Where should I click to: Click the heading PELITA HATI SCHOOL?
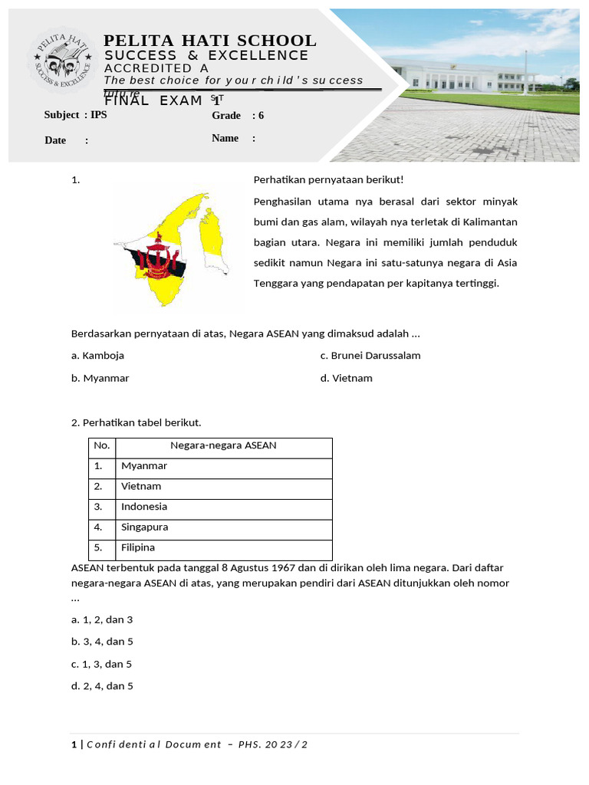coord(209,41)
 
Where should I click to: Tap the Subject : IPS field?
coord(76,115)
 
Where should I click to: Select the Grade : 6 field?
coord(238,116)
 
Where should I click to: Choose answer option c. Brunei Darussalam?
coord(370,356)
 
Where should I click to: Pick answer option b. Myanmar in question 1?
coord(100,378)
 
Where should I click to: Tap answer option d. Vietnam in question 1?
coord(346,378)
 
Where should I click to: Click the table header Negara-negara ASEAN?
coord(223,445)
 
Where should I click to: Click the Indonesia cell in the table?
coord(144,507)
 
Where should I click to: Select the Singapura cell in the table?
coord(145,527)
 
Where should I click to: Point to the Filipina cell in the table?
coord(138,547)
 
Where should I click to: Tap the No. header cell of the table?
coord(102,445)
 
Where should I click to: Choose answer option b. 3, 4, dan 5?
coord(102,642)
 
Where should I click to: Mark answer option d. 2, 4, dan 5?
coord(102,686)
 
